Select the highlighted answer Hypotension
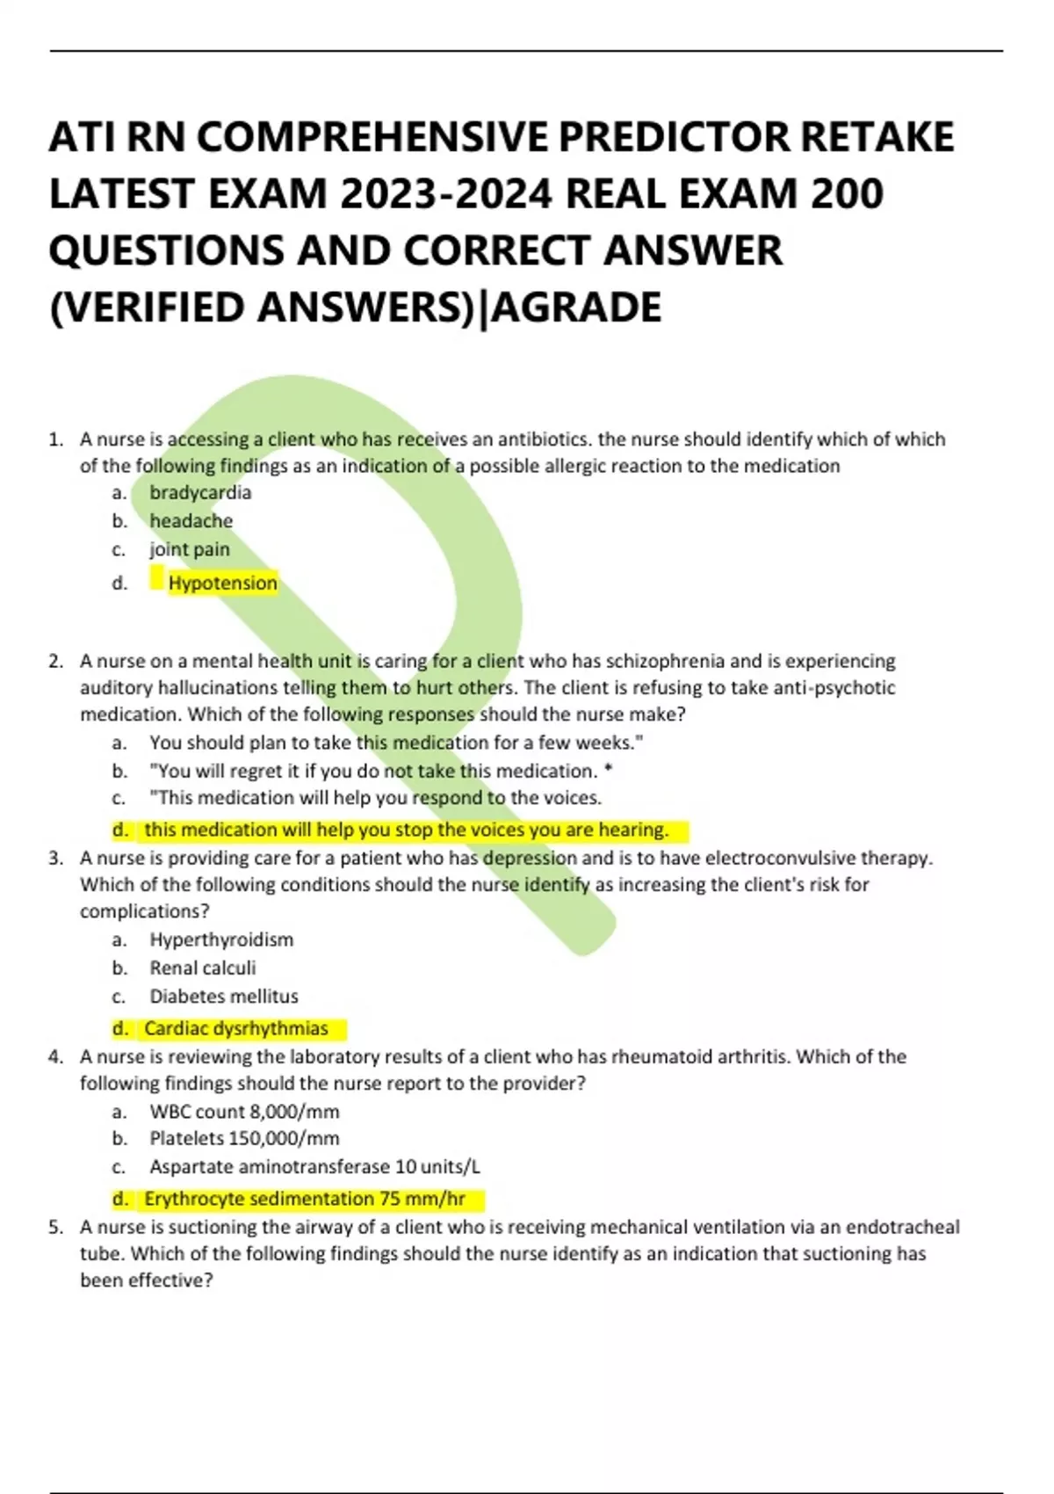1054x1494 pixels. click(222, 583)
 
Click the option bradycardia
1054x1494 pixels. click(200, 492)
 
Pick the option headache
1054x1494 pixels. click(191, 520)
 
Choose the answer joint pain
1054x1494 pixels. click(190, 549)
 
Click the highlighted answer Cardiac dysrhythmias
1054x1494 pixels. click(235, 1028)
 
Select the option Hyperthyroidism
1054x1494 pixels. click(221, 939)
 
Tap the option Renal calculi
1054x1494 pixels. click(202, 968)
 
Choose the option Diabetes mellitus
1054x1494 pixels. click(223, 996)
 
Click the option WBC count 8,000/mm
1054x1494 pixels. click(244, 1112)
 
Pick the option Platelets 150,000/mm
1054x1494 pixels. click(244, 1138)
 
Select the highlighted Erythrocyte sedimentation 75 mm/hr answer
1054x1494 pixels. click(304, 1199)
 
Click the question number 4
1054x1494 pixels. click(55, 1056)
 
